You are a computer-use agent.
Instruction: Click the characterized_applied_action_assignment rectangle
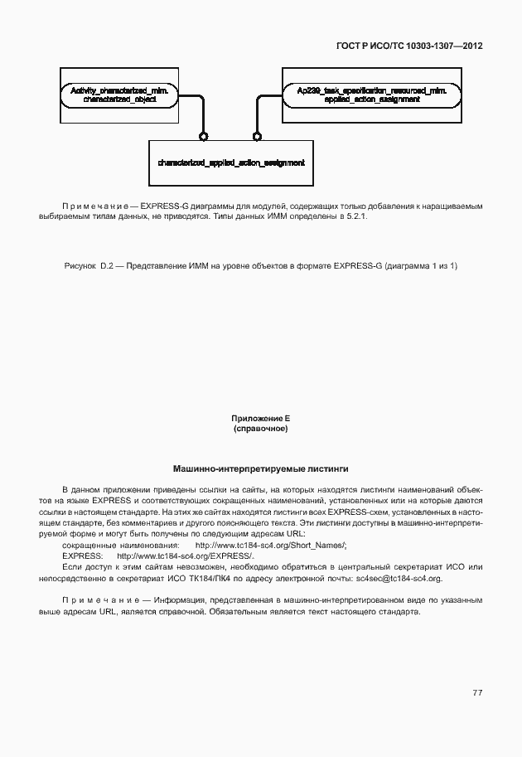[230, 163]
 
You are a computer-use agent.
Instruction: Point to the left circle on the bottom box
[202, 136]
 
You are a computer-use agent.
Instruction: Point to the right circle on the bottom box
[258, 136]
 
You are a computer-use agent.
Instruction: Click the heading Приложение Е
[260, 420]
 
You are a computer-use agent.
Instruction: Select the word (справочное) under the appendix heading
[260, 429]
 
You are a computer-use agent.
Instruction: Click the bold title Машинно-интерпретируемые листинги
[260, 469]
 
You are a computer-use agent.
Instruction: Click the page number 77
[477, 691]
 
